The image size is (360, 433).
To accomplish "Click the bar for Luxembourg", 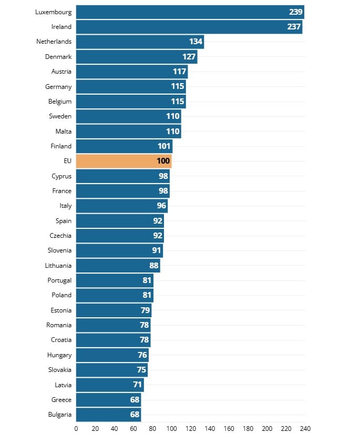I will pos(190,12).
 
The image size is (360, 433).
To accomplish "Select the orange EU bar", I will pos(124,161).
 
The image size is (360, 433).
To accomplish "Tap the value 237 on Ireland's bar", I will pos(294,27).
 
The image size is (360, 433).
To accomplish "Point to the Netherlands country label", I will pos(54,42).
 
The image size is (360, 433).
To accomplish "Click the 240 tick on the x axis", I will pos(305,428).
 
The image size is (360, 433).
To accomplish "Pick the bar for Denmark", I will pos(137,56).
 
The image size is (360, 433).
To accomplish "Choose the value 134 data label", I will pos(196,42).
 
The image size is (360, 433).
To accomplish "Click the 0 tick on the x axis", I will pos(76,428).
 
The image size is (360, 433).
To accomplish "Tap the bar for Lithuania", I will pos(118,266).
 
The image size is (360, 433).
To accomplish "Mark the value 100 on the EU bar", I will pos(163,161).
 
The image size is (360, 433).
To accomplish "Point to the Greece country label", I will pos(61,400).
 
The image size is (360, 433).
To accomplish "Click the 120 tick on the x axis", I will pos(191,428).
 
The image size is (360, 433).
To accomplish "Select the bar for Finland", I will pos(124,146).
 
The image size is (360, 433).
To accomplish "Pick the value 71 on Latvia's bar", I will pos(138,385).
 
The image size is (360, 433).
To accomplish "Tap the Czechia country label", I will pos(60,236).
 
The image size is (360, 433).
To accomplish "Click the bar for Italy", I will pos(122,206).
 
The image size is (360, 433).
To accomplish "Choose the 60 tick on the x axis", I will pos(133,428).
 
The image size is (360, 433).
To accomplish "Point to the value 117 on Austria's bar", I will pos(179,72).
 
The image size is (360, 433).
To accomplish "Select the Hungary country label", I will pos(59,355).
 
